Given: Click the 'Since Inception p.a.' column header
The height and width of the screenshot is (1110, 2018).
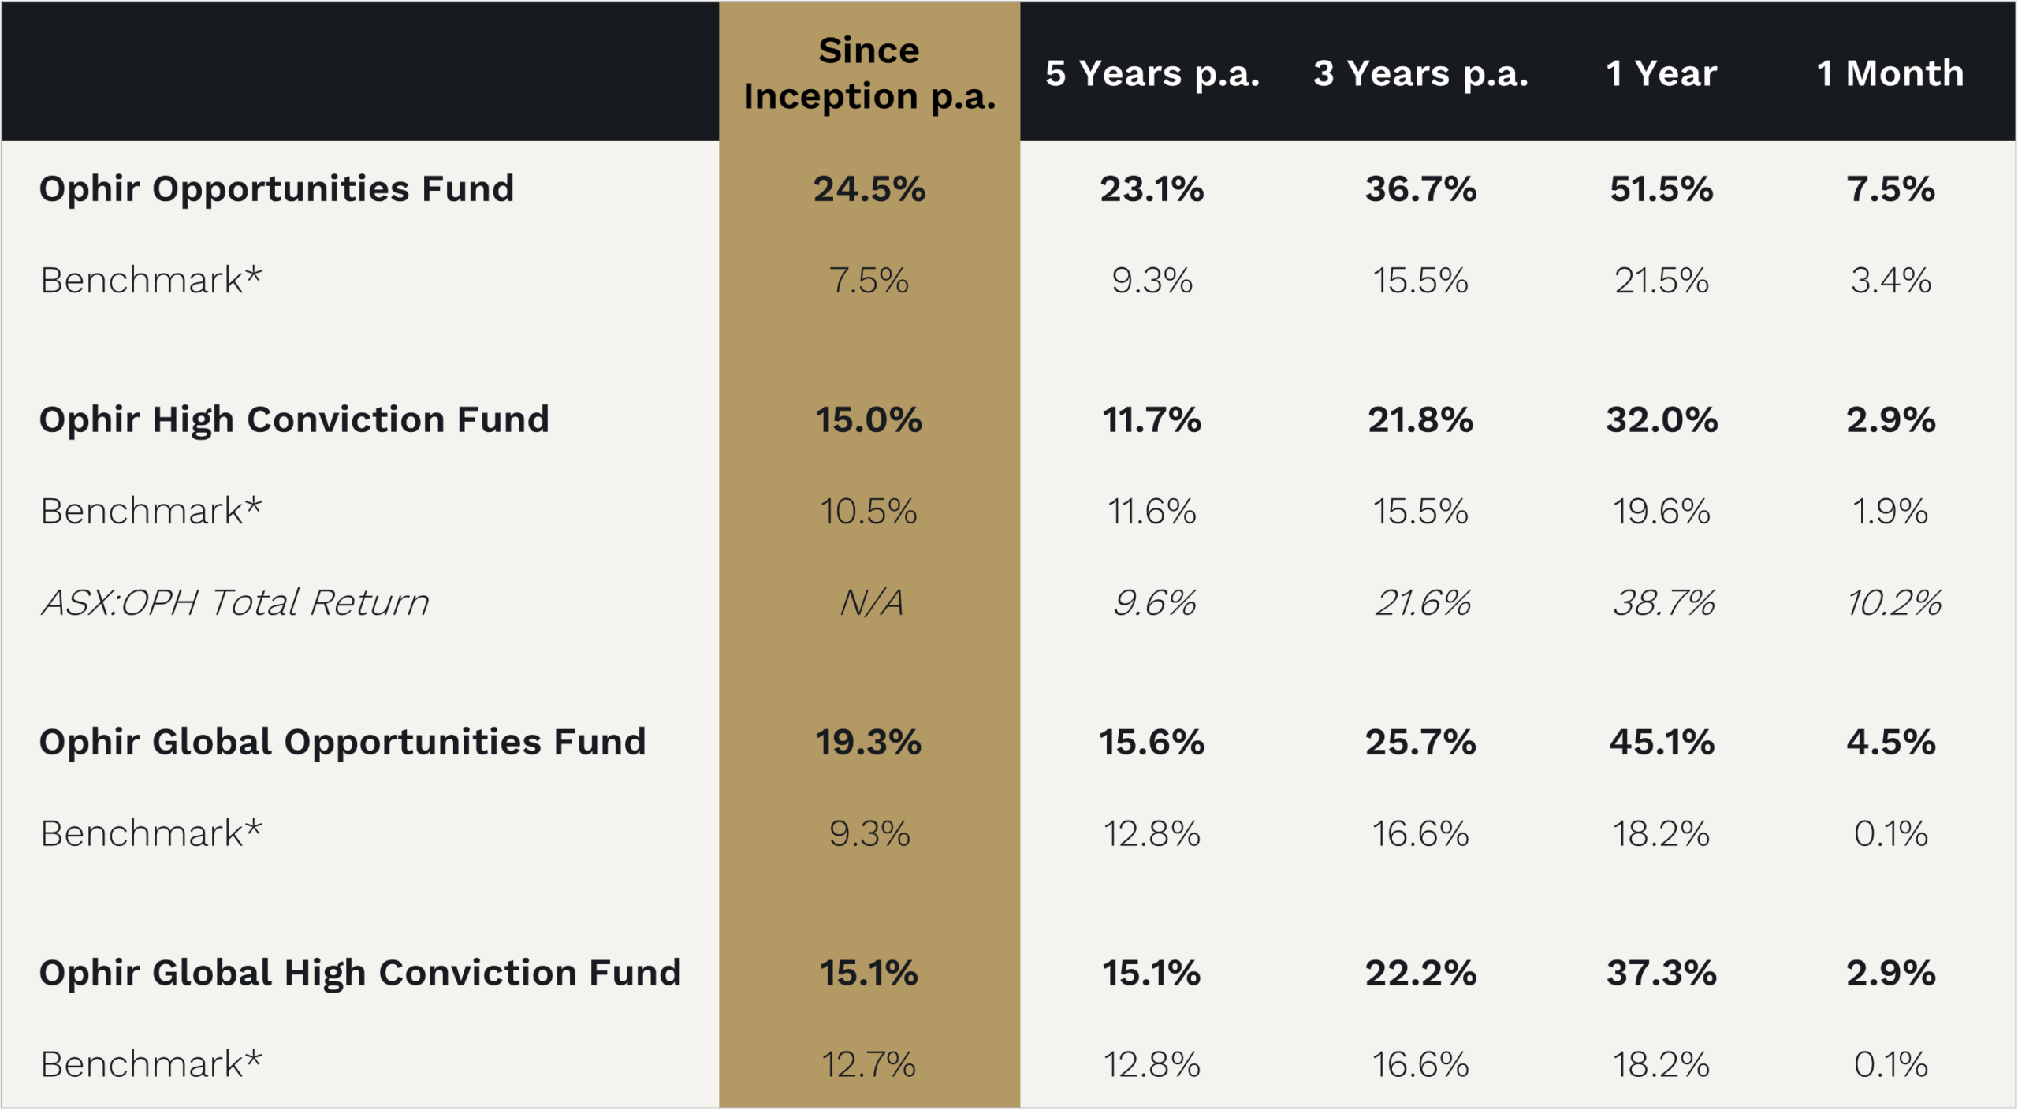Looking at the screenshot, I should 869,73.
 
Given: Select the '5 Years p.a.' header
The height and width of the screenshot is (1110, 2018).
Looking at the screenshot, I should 1152,73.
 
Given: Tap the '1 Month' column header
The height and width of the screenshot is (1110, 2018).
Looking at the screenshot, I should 1890,73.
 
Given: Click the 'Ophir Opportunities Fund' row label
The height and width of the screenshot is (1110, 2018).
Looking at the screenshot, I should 277,189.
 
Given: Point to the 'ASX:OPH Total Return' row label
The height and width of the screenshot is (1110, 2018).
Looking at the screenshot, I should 235,603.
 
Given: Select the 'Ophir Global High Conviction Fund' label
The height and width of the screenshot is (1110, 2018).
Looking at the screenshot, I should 360,973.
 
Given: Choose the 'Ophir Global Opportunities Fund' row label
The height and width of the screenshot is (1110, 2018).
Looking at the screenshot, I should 343,742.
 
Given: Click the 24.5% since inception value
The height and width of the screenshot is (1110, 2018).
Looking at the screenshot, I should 869,189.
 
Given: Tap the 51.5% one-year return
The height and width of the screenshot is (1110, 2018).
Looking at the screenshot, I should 1661,189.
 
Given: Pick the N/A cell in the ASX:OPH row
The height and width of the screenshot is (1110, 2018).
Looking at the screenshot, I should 870,603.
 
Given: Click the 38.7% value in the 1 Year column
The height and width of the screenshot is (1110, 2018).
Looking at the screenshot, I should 1662,603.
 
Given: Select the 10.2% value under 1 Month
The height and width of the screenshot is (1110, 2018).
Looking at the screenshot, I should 1893,603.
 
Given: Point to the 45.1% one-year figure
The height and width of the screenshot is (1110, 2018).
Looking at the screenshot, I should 1661,742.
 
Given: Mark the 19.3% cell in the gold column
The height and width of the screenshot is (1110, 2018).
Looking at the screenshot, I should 869,742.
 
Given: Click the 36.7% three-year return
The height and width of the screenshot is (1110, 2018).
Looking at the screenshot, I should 1420,189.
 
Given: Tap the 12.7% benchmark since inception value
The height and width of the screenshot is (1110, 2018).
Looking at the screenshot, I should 869,1064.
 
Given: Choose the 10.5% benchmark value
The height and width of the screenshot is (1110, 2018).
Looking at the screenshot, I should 869,512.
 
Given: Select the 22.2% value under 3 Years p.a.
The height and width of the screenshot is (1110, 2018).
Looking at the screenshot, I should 1420,973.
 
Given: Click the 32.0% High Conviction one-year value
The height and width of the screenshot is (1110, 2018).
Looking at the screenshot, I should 1661,419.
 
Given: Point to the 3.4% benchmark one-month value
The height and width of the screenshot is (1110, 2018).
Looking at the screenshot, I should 1890,281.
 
